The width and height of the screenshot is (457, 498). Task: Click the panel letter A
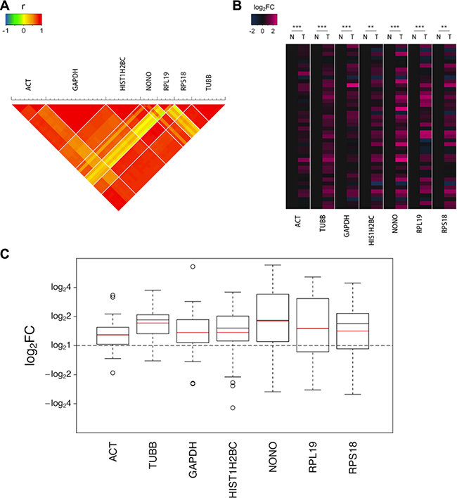click(6, 6)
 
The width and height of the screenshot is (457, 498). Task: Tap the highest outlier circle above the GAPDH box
click(193, 267)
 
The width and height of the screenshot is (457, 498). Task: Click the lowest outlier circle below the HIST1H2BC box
click(233, 408)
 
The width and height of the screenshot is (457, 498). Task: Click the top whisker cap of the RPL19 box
click(311, 277)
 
